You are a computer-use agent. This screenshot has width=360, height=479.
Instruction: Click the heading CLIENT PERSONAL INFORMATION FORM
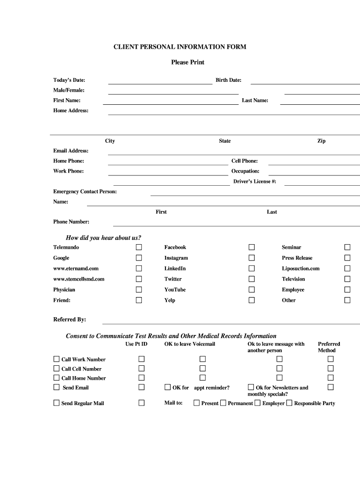[180, 47]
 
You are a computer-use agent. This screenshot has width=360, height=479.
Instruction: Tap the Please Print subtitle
[187, 62]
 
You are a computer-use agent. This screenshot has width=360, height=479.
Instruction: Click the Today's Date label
[69, 80]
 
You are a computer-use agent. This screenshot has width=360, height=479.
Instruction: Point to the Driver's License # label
[255, 181]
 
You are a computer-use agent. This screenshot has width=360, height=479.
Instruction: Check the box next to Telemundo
[139, 247]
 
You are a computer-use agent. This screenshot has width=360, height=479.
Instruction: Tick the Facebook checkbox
[252, 247]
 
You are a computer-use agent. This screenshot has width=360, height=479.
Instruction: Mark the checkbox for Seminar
[347, 247]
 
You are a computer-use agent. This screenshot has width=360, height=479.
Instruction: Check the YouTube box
[252, 290]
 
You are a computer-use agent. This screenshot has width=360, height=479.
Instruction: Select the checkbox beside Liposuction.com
[347, 269]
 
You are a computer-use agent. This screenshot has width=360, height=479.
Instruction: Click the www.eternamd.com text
[76, 269]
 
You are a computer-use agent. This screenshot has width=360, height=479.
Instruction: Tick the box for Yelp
[252, 300]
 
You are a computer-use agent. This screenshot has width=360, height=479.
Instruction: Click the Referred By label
[70, 319]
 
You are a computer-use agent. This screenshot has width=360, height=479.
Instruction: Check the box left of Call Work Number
[57, 359]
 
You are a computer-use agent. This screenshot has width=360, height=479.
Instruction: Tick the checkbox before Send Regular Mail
[57, 403]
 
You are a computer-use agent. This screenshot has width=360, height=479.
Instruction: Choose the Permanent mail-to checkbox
[223, 403]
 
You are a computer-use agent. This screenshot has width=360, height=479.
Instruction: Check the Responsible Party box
[289, 403]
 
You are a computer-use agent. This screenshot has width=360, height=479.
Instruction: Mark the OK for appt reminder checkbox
[168, 387]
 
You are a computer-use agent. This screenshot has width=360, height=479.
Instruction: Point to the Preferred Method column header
[329, 347]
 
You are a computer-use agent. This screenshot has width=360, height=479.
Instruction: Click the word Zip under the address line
[322, 141]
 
